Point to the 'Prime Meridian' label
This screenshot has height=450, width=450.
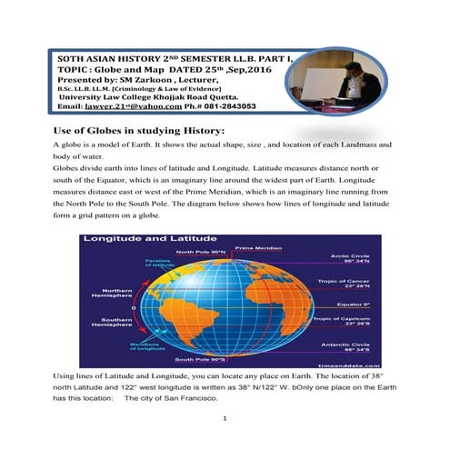pyautogui.click(x=256, y=247)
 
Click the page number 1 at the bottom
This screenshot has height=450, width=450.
pyautogui.click(x=225, y=420)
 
